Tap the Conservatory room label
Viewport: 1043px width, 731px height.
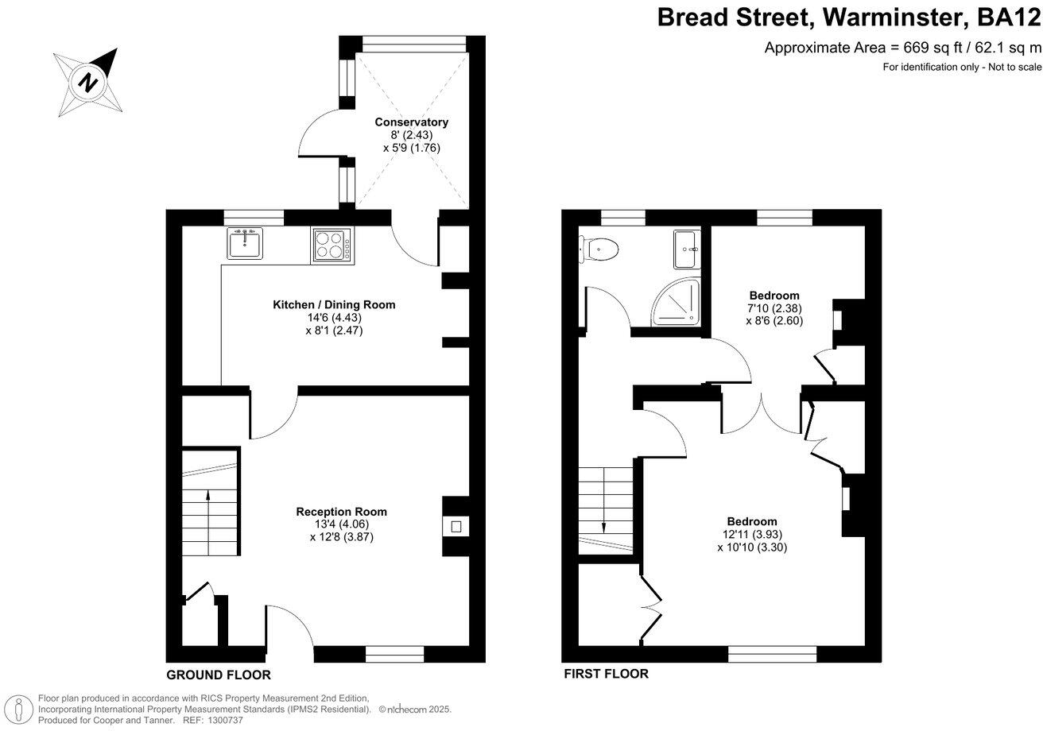411,122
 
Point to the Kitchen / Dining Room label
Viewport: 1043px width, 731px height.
334,305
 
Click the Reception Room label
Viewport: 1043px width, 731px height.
341,512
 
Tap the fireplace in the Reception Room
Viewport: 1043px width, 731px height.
456,526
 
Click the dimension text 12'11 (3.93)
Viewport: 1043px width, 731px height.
751,534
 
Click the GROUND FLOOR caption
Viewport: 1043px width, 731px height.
219,675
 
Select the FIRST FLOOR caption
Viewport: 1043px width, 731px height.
606,674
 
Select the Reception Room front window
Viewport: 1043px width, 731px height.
395,653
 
